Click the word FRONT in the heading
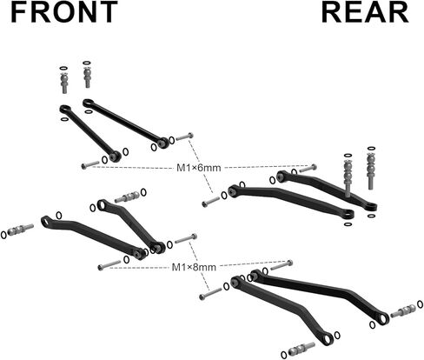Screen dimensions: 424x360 click(x=64, y=12)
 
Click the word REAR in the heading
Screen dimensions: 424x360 click(x=365, y=12)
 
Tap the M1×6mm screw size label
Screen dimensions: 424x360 click(x=199, y=168)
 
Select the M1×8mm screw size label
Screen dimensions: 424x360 click(x=194, y=267)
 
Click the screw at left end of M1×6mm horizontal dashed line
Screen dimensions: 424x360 click(x=90, y=165)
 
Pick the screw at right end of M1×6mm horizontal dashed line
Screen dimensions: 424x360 click(x=308, y=168)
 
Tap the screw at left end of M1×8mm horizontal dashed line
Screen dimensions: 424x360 click(x=109, y=265)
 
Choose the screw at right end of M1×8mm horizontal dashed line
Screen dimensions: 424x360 click(x=282, y=265)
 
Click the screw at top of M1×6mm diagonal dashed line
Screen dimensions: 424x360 click(x=184, y=137)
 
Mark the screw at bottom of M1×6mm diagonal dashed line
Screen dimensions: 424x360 click(x=211, y=202)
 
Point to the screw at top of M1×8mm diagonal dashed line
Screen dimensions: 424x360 click(x=186, y=238)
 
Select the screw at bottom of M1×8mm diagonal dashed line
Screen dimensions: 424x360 click(x=210, y=294)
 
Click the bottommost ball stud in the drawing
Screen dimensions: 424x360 click(x=301, y=349)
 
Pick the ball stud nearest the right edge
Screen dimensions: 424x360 click(x=404, y=311)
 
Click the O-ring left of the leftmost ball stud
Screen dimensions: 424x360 click(x=3, y=235)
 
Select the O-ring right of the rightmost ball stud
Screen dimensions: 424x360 click(x=420, y=304)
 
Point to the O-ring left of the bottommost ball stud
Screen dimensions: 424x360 click(x=284, y=355)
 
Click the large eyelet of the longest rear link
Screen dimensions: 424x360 click(x=383, y=318)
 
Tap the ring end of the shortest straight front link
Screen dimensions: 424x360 click(x=65, y=109)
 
